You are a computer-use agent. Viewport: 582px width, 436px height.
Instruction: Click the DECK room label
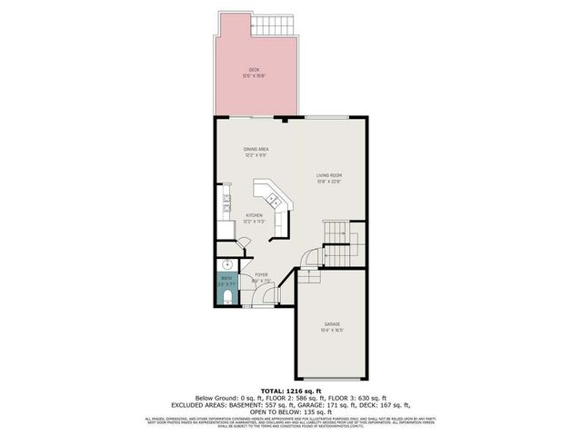[255, 70]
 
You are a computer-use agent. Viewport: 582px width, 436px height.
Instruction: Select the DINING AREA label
[256, 149]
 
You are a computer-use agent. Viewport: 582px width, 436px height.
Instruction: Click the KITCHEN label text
[254, 215]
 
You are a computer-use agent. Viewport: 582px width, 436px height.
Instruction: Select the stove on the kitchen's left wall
[226, 205]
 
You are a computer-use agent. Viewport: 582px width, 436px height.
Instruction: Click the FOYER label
[261, 274]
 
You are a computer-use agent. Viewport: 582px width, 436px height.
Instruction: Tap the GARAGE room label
[333, 324]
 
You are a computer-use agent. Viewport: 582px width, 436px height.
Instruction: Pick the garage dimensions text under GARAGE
[333, 331]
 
